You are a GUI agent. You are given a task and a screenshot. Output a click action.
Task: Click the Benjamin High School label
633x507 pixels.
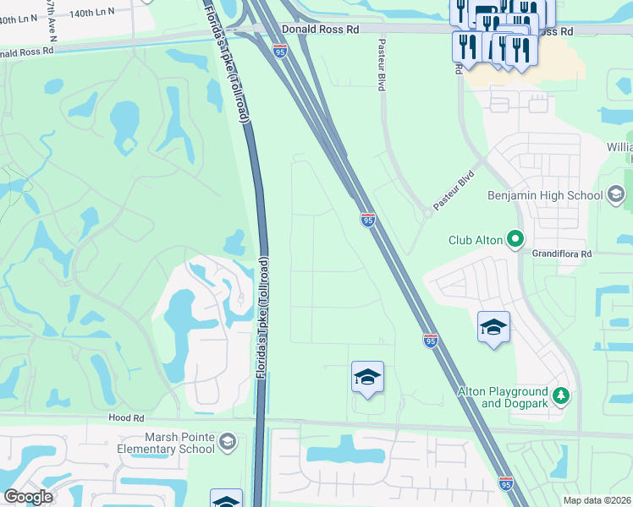click(545, 195)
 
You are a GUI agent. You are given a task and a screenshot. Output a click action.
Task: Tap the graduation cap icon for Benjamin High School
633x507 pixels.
click(616, 195)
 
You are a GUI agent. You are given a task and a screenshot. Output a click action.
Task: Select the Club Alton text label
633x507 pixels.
click(476, 240)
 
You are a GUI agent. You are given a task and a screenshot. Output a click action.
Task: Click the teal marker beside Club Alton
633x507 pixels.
click(515, 240)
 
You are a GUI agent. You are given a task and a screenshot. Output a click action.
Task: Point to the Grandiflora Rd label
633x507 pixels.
click(560, 253)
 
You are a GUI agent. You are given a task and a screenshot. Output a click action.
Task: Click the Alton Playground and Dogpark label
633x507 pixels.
click(503, 397)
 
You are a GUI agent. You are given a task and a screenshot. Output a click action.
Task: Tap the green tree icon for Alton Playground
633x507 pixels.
click(560, 395)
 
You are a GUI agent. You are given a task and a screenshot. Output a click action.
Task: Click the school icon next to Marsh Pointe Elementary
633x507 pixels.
click(227, 441)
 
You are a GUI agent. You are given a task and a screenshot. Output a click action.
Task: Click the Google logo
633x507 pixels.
click(28, 497)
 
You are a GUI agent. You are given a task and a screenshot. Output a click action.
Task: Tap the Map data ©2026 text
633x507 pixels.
click(597, 500)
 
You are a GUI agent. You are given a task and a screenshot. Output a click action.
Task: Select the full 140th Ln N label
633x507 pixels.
click(94, 14)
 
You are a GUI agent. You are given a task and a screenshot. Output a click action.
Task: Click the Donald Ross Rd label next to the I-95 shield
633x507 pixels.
click(321, 29)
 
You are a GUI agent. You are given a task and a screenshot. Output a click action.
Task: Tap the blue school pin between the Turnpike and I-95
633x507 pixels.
click(367, 377)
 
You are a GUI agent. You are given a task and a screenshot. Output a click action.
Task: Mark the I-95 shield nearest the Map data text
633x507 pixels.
click(506, 483)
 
